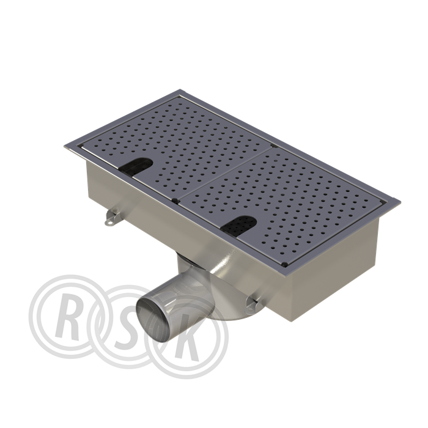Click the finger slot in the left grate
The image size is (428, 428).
click(136, 165)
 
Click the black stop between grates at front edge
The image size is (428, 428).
click(175, 201)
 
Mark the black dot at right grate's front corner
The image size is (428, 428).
click(284, 264)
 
